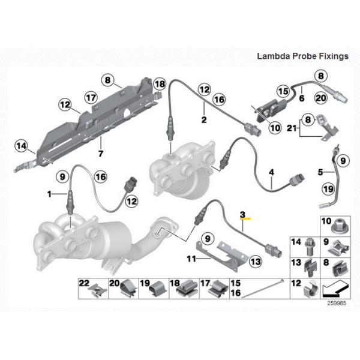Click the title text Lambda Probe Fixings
point(302,56)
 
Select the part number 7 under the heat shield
point(100,154)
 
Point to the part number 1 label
point(49,194)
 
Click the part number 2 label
point(204,120)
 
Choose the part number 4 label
point(272,172)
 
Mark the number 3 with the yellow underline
point(242,214)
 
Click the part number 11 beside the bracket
point(190,259)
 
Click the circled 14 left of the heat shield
point(22,145)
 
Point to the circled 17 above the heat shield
point(91,97)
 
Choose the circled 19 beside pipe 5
point(329,190)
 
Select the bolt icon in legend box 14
point(311,245)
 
